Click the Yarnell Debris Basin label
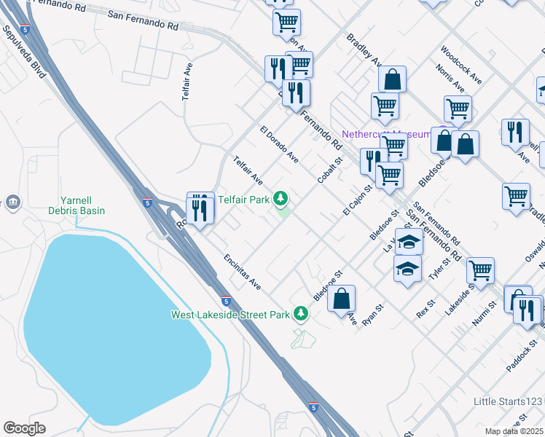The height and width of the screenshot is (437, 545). [x=82, y=205]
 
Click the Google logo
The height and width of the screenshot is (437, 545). [x=25, y=428]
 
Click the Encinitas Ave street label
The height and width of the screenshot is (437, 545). [x=242, y=272]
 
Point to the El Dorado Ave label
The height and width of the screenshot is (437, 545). [x=279, y=144]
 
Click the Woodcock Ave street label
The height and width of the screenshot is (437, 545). [x=460, y=65]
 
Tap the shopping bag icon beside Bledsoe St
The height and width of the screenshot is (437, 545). [x=341, y=298]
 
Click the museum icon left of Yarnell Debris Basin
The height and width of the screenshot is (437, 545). [x=12, y=202]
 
